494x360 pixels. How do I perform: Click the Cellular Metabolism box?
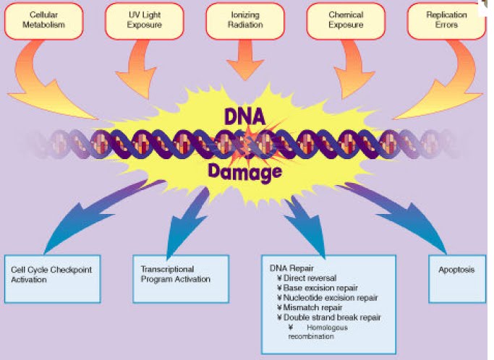(44, 20)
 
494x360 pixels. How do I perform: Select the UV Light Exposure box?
(145, 20)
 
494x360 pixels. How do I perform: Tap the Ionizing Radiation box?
(245, 20)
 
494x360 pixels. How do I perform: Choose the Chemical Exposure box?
(346, 20)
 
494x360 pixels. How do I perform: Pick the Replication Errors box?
(446, 20)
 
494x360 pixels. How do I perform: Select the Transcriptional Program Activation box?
(180, 278)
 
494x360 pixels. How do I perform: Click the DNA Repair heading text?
(289, 267)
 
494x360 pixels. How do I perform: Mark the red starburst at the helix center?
(246, 138)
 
